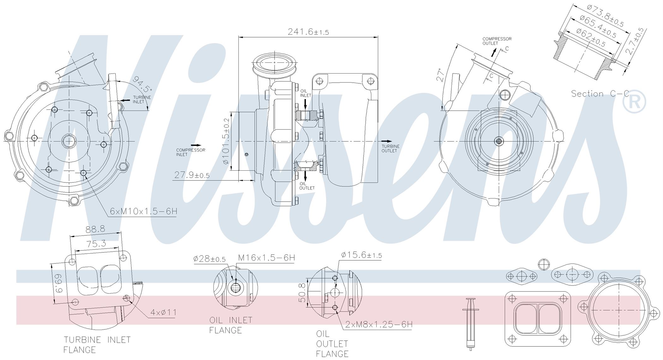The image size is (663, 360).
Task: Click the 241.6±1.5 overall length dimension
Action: click(x=308, y=32)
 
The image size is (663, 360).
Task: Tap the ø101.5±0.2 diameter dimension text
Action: click(x=226, y=141)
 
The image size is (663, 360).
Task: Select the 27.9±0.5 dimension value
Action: click(x=192, y=175)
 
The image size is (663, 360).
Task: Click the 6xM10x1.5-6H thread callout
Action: click(x=144, y=211)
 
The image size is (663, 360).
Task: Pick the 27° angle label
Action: click(x=441, y=75)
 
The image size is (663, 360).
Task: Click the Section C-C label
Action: click(x=600, y=94)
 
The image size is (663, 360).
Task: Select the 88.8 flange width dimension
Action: click(x=95, y=229)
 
